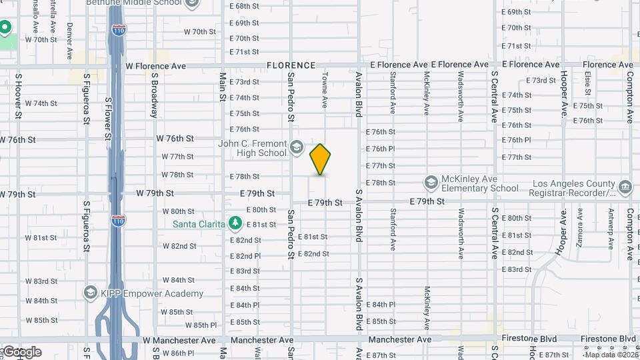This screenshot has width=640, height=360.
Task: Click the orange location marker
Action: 321,159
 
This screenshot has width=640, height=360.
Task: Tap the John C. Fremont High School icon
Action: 296,146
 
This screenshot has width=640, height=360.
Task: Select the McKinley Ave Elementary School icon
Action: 431,182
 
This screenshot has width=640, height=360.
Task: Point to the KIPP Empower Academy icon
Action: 90,293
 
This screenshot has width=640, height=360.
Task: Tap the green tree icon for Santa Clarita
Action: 234,222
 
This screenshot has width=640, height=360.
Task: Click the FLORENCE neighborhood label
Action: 291,65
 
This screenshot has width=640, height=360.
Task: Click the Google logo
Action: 22,352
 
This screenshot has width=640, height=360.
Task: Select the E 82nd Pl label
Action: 245,255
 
